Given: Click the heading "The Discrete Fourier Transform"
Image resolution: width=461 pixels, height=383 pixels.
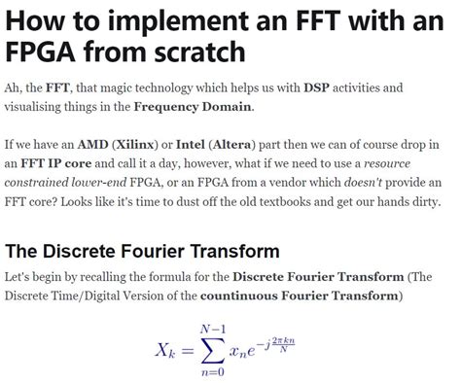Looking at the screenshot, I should click(x=142, y=251).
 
